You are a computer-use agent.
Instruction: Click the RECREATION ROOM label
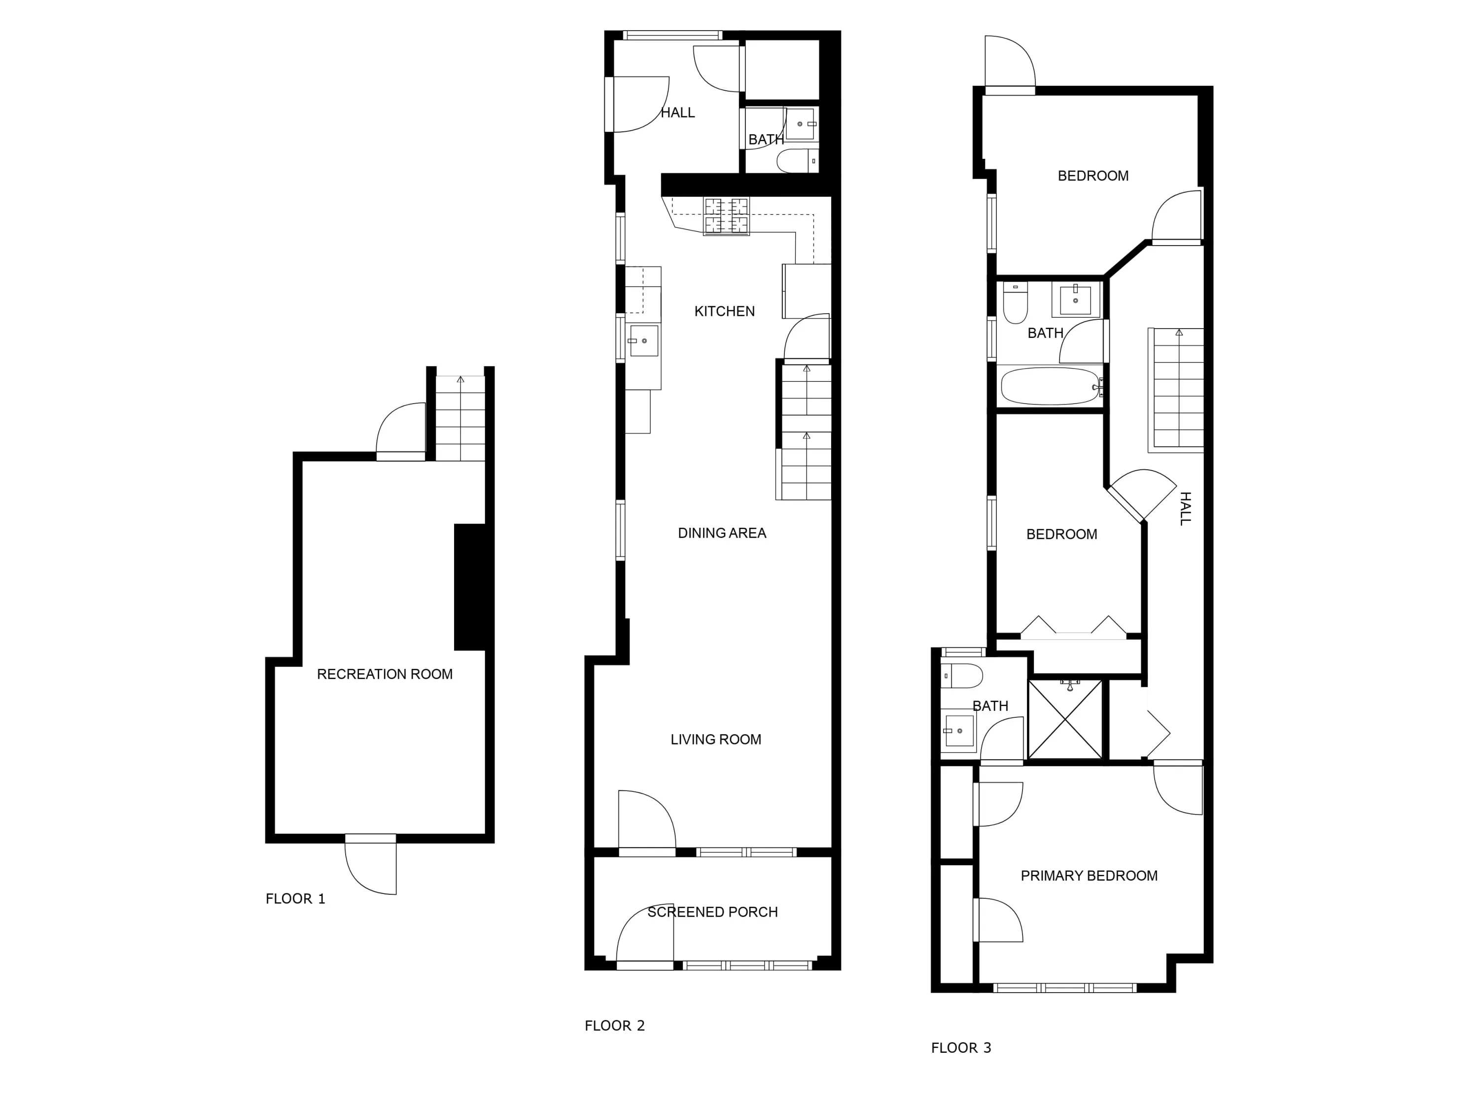click(x=385, y=674)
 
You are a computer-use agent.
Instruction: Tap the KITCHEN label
click(x=724, y=311)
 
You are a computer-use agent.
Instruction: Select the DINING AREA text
click(x=721, y=533)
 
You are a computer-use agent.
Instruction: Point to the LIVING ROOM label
click(x=715, y=740)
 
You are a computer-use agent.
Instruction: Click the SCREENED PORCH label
click(x=712, y=912)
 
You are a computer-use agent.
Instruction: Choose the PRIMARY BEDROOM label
click(x=1089, y=876)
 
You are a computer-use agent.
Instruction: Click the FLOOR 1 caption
click(x=295, y=898)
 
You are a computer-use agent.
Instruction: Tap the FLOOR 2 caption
click(x=614, y=1026)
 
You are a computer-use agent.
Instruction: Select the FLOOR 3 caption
click(x=961, y=1048)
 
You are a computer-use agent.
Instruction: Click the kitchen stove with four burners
click(x=726, y=216)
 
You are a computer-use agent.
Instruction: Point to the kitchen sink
click(x=643, y=340)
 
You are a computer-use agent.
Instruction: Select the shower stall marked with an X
click(x=1064, y=719)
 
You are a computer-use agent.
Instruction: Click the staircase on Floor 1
click(x=460, y=418)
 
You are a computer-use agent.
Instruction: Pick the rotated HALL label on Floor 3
click(x=1185, y=509)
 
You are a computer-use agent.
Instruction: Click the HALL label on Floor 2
click(x=677, y=112)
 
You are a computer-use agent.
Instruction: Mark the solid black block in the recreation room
click(x=469, y=587)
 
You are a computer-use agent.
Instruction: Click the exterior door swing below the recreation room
click(x=370, y=864)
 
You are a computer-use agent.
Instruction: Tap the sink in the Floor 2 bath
click(x=800, y=124)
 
